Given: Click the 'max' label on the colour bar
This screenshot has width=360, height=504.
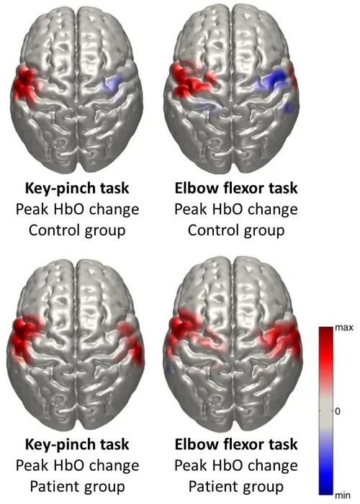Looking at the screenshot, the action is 343,328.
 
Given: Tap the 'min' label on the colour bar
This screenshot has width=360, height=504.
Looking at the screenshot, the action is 342,495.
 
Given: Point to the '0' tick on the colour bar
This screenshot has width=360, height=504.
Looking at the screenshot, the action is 337,411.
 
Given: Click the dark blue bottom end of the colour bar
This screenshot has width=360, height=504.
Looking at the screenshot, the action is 325,491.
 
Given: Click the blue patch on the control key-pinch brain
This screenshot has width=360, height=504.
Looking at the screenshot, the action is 111,84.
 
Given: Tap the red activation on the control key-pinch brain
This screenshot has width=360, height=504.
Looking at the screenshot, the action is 25,84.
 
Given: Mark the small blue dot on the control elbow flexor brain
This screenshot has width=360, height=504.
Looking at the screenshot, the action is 288,108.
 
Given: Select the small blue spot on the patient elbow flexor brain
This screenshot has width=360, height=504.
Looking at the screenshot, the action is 168,369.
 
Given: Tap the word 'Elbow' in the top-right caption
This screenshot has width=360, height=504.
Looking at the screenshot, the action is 192,188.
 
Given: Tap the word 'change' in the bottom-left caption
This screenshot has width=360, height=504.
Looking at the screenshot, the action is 114,466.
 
